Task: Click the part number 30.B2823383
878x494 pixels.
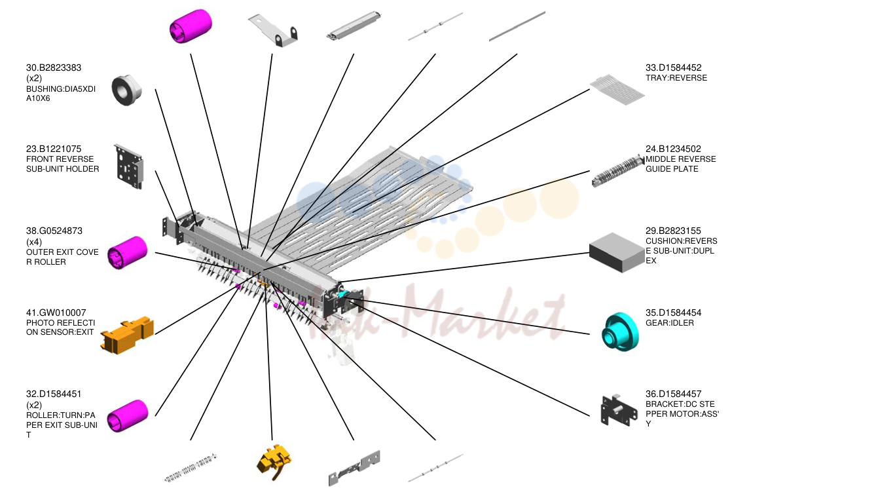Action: (x=54, y=68)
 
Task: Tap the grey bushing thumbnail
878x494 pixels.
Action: (x=126, y=90)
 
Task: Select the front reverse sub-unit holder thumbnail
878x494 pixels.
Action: (x=129, y=167)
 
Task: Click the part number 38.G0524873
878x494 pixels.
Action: (x=54, y=231)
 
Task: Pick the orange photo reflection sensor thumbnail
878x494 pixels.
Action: (x=127, y=335)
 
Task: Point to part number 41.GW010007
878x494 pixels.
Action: (x=56, y=313)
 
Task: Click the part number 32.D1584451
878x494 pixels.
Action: (x=54, y=394)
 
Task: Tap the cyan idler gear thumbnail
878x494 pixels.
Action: (x=620, y=332)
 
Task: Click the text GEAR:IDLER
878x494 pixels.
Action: (x=670, y=323)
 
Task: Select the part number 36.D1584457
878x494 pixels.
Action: (x=673, y=394)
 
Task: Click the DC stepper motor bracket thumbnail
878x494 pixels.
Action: (x=619, y=410)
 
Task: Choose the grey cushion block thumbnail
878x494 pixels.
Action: (x=617, y=253)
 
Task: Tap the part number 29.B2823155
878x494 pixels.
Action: (x=673, y=231)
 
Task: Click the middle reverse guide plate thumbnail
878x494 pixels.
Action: (x=618, y=171)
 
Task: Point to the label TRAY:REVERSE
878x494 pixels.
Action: (x=676, y=78)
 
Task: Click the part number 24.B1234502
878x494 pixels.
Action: (x=673, y=149)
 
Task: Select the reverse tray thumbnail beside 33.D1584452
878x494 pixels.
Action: (x=617, y=90)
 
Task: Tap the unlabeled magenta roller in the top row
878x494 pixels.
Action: (x=191, y=26)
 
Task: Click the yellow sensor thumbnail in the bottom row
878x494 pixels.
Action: (x=274, y=462)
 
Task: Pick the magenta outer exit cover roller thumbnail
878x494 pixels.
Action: (x=128, y=253)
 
